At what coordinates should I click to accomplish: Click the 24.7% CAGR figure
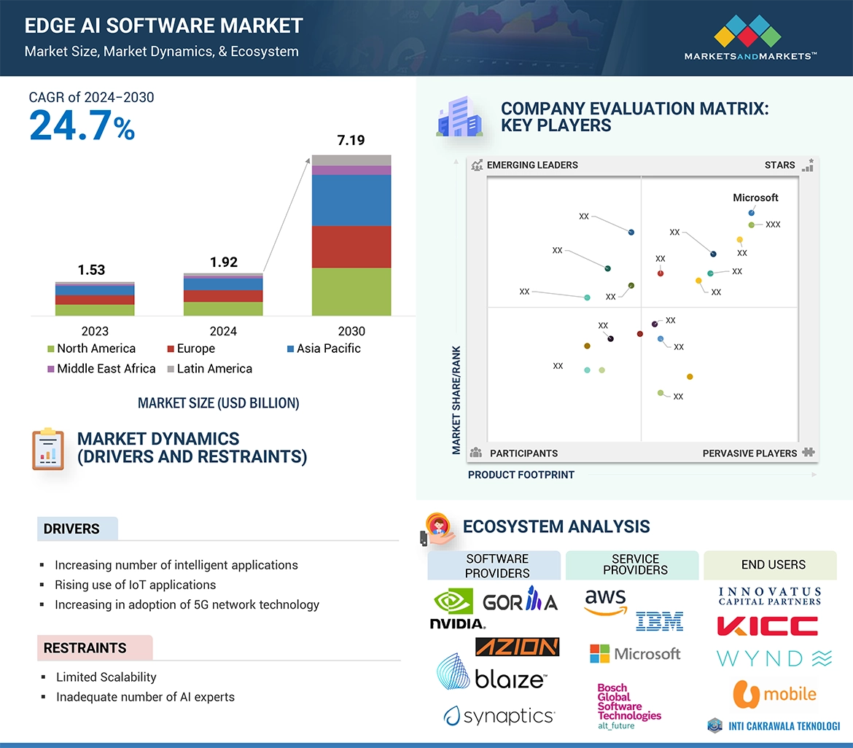(x=82, y=126)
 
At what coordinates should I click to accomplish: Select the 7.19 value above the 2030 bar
(x=351, y=140)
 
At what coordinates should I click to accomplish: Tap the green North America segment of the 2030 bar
(x=351, y=292)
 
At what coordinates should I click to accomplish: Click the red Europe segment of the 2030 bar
(x=351, y=246)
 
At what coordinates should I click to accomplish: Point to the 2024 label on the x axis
(x=223, y=331)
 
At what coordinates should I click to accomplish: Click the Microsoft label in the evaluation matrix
(x=755, y=198)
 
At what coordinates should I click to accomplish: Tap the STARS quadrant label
(x=779, y=165)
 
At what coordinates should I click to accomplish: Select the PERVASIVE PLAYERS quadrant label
(x=749, y=453)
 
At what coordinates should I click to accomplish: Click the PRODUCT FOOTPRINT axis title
(x=521, y=475)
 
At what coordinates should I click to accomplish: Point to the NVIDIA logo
(x=456, y=609)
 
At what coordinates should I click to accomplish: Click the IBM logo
(x=659, y=620)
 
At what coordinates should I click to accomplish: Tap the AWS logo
(x=605, y=602)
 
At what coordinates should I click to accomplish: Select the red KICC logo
(x=767, y=626)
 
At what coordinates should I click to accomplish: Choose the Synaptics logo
(x=499, y=716)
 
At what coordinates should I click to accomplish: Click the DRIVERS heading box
(x=77, y=529)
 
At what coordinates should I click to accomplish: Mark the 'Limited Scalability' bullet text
(x=106, y=677)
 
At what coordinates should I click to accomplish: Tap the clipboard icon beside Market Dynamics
(x=48, y=448)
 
